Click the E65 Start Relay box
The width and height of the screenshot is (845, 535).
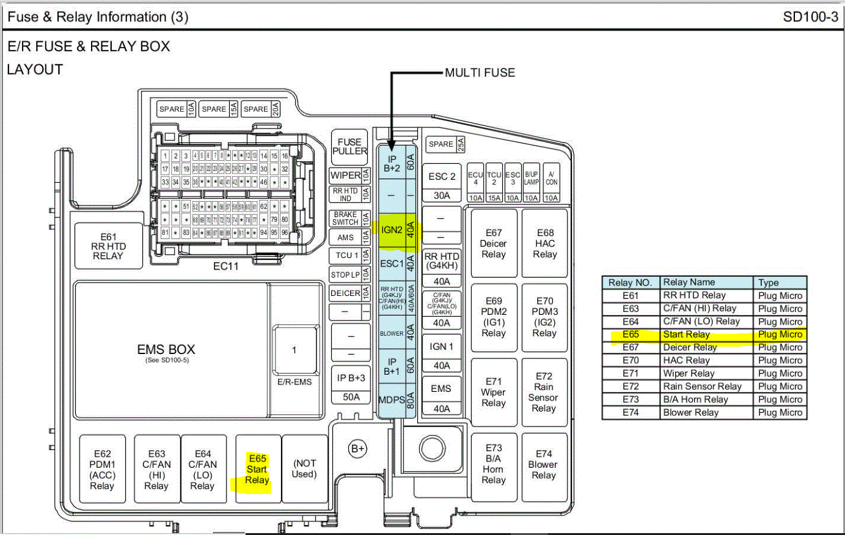258,469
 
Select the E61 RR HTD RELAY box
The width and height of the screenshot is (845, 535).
108,246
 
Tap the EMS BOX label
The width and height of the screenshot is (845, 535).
166,350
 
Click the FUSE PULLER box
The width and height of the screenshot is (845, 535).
349,146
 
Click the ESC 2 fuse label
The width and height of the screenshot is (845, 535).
442,177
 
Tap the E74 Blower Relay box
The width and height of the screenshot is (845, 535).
544,464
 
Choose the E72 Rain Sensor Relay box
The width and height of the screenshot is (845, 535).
544,392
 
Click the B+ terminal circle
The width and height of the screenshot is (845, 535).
357,449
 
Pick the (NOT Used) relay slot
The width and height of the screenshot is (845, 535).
304,469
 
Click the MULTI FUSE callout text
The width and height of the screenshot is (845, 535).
480,73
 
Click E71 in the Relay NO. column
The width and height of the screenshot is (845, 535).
631,374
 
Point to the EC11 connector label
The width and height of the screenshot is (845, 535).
225,266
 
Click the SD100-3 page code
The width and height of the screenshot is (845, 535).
810,17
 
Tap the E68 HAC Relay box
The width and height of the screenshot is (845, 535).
545,243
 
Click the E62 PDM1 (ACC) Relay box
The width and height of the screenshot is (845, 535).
102,470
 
